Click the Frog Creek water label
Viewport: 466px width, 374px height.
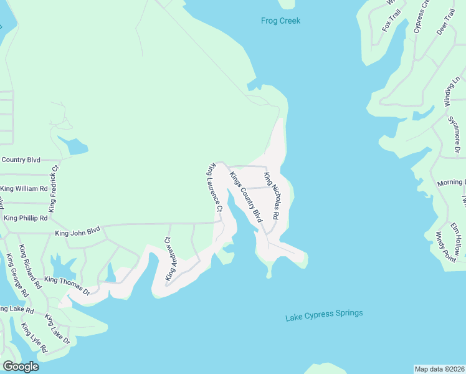click(280, 21)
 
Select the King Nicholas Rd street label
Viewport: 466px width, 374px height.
click(271, 198)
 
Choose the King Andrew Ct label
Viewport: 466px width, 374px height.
click(167, 258)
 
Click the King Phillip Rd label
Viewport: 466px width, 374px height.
click(26, 218)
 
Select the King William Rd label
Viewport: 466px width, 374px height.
click(24, 188)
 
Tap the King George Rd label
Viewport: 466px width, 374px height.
click(17, 275)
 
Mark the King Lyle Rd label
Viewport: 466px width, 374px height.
click(32, 337)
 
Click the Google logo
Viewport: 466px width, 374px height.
click(21, 367)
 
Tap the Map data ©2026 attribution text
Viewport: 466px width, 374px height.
click(439, 368)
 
